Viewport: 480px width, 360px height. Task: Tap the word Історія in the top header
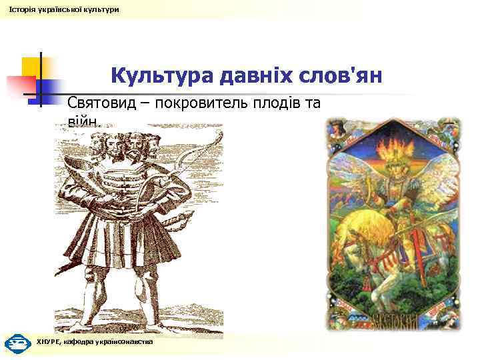(21, 9)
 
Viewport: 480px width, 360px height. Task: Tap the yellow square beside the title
(32, 67)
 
